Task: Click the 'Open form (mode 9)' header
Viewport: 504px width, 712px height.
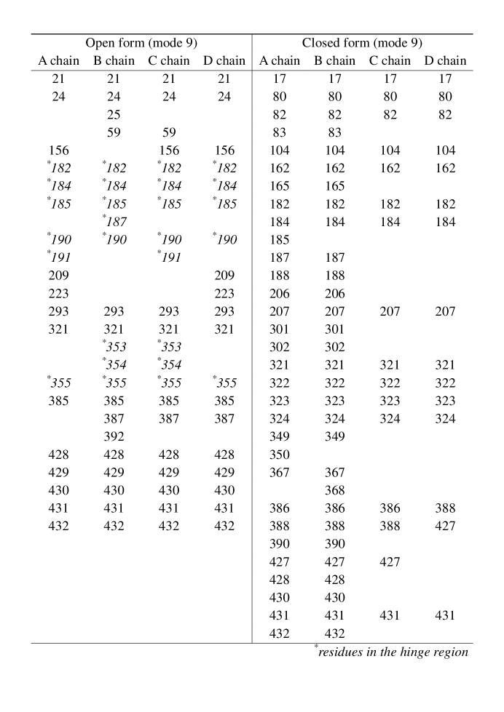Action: pyautogui.click(x=142, y=43)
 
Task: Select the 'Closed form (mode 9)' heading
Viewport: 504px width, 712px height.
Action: pyautogui.click(x=362, y=43)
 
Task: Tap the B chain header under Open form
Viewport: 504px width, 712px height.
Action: pyautogui.click(x=114, y=61)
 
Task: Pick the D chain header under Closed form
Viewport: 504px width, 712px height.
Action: pyautogui.click(x=445, y=61)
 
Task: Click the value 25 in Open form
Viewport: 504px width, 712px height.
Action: pyautogui.click(x=114, y=115)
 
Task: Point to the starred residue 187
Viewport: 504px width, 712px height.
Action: pyautogui.click(x=114, y=222)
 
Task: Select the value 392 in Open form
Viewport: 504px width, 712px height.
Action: pyautogui.click(x=114, y=436)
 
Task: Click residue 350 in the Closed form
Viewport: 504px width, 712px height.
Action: pyautogui.click(x=280, y=455)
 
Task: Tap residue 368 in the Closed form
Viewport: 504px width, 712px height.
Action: pyautogui.click(x=335, y=490)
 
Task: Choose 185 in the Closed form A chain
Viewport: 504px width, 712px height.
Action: pyautogui.click(x=280, y=240)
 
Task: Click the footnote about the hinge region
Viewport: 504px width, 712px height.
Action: pyautogui.click(x=392, y=652)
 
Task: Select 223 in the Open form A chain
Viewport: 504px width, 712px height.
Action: pyautogui.click(x=59, y=294)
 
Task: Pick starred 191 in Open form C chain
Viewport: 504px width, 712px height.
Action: pyautogui.click(x=169, y=257)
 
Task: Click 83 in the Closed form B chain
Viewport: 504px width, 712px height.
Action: pyautogui.click(x=335, y=133)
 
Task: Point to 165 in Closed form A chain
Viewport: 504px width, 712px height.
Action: pyautogui.click(x=280, y=186)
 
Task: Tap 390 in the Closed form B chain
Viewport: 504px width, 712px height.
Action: pyautogui.click(x=335, y=544)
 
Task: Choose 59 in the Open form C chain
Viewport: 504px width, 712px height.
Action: pyautogui.click(x=169, y=133)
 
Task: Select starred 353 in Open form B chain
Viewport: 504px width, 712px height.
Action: pyautogui.click(x=114, y=347)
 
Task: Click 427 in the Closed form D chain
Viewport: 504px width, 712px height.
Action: pyautogui.click(x=445, y=526)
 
